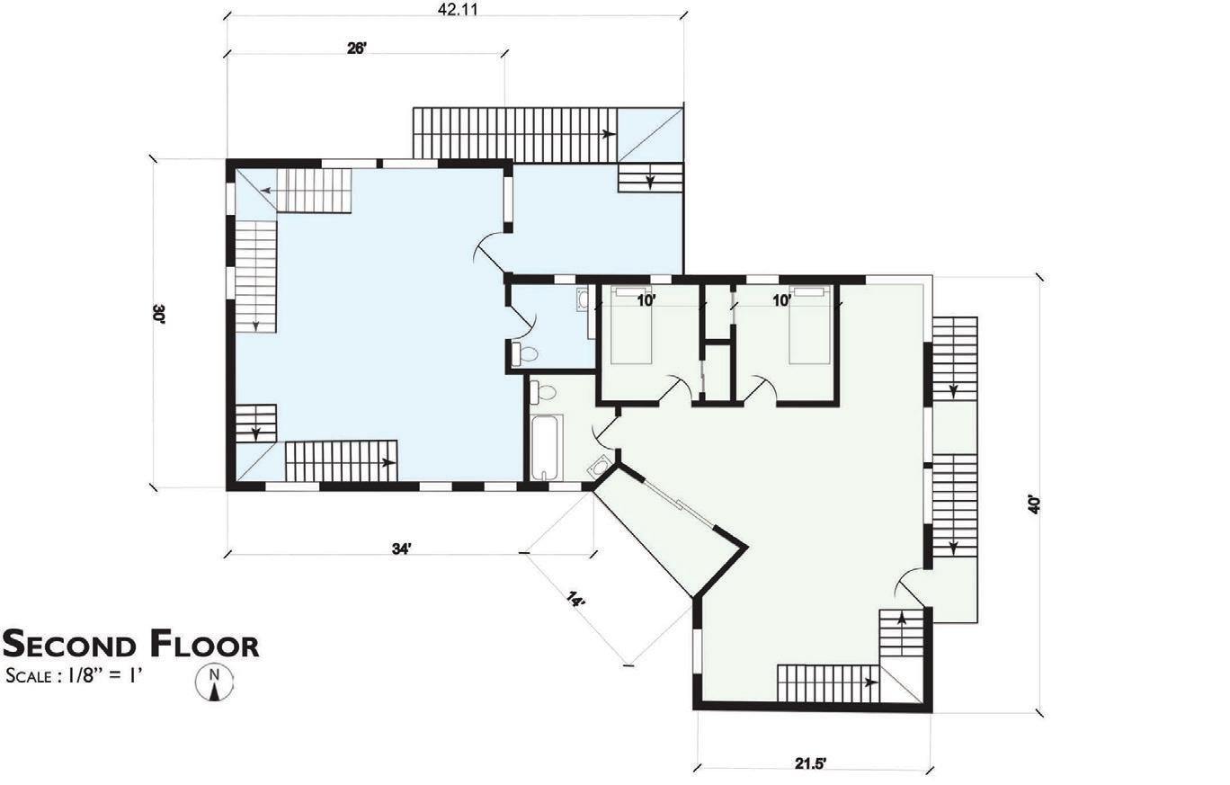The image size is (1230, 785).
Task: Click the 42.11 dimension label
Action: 458,9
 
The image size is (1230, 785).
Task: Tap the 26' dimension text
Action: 356,49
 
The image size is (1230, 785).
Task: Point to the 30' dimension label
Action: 158,314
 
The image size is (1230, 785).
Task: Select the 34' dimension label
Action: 401,549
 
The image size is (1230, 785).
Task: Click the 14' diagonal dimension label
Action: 576,599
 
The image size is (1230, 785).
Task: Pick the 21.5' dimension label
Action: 810,763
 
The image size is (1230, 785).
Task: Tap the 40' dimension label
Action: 1034,504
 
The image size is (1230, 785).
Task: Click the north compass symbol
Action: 215,682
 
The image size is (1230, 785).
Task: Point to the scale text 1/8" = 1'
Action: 105,675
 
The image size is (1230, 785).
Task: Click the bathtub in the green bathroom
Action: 547,448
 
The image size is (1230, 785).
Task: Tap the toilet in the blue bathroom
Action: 524,354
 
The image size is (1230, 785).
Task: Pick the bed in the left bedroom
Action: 631,325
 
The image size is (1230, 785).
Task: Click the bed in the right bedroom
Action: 809,325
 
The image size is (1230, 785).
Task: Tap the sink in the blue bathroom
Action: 583,300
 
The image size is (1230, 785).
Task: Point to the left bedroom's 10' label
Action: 646,300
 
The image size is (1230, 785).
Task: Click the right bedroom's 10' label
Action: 781,300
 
